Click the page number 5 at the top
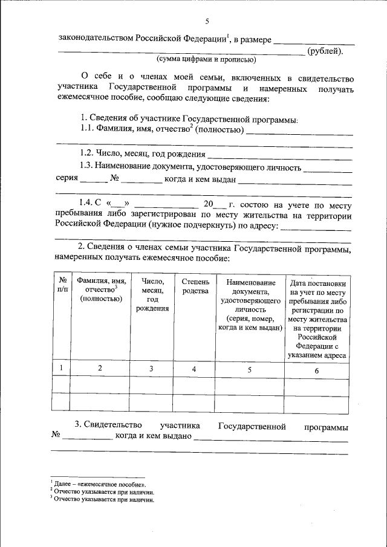pos(207,22)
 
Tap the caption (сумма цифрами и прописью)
pos(206,60)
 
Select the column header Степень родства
pos(195,286)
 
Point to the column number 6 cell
pos(316,370)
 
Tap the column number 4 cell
pos(194,369)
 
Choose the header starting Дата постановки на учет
pos(317,319)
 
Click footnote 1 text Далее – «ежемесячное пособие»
pos(99,485)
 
